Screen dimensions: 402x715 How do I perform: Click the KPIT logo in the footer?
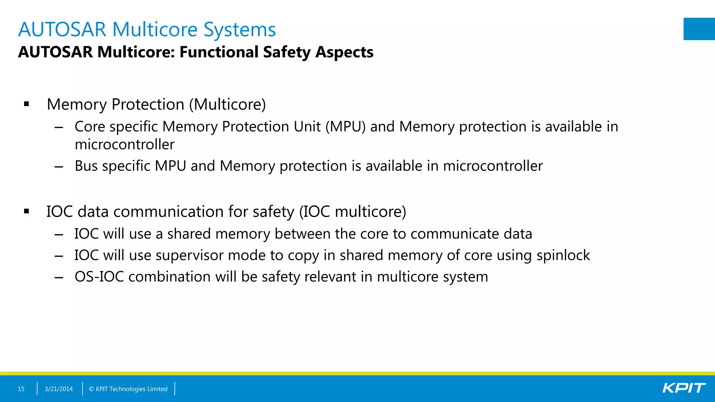[684, 388]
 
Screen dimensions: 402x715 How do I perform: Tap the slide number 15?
[21, 389]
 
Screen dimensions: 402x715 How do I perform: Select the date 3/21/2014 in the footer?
[59, 389]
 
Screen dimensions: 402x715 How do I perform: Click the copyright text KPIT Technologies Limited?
[128, 389]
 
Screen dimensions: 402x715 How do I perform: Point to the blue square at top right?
[699, 29]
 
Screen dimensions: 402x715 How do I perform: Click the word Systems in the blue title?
[239, 29]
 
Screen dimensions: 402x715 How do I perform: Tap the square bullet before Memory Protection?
[27, 104]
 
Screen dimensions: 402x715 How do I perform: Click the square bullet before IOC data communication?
[27, 211]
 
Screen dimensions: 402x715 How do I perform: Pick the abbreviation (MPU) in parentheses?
[345, 127]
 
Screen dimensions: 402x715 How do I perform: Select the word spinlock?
[563, 255]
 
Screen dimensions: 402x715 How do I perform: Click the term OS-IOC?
[99, 277]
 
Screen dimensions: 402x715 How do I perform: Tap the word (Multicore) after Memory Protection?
[227, 104]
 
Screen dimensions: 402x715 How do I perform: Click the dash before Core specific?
[59, 127]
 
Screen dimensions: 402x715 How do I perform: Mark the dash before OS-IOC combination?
[59, 277]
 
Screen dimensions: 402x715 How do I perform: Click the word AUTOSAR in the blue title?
[62, 29]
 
